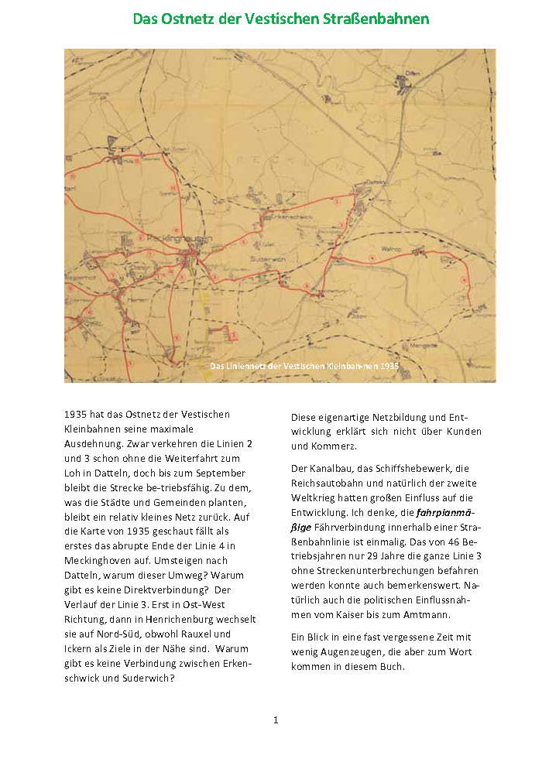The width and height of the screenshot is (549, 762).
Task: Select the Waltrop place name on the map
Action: click(x=389, y=249)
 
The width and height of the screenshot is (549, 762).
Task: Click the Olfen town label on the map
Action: click(x=411, y=73)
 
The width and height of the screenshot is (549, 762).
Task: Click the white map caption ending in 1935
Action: click(x=304, y=365)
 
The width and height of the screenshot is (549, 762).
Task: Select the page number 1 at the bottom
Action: click(x=275, y=720)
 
